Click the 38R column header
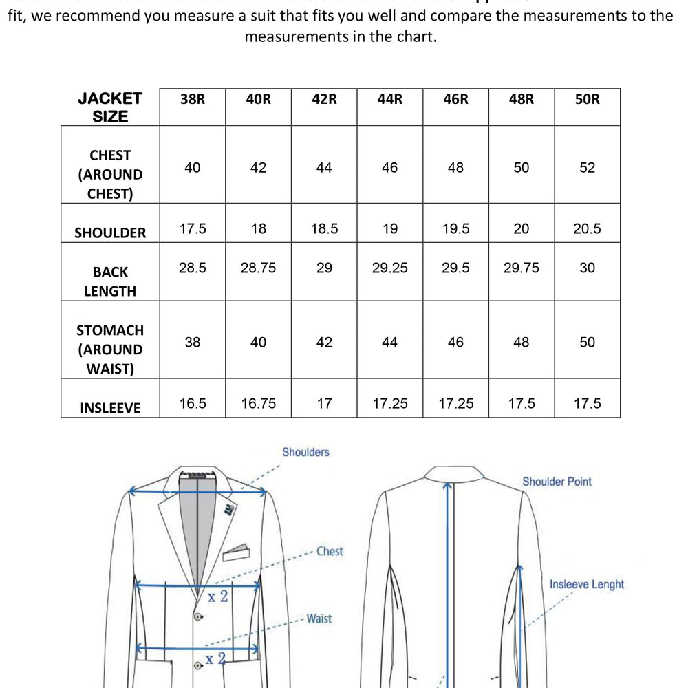click(193, 99)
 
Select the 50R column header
click(587, 99)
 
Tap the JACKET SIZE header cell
click(110, 107)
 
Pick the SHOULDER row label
click(110, 233)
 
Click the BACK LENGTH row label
click(110, 281)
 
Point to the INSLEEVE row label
click(110, 408)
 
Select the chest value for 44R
click(389, 168)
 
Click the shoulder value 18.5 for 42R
click(324, 229)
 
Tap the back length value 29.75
click(522, 268)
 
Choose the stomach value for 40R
click(258, 343)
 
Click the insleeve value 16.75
click(258, 404)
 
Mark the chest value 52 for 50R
click(587, 168)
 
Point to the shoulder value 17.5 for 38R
click(193, 229)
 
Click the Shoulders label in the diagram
click(305, 453)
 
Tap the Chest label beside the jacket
click(330, 552)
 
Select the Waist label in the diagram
click(319, 619)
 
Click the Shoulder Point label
click(557, 482)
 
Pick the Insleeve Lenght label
click(587, 585)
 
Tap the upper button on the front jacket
click(198, 616)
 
